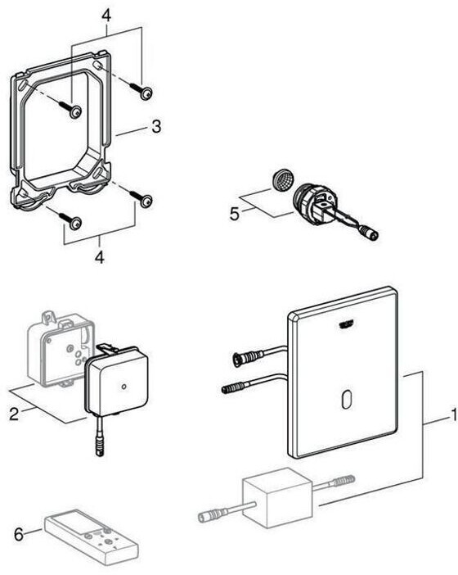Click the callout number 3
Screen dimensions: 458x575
click(x=156, y=126)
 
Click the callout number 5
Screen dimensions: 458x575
click(x=234, y=214)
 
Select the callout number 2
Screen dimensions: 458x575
click(x=14, y=414)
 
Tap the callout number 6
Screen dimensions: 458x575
click(x=18, y=534)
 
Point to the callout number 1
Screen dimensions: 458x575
click(x=454, y=414)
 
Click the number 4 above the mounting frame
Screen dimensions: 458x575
click(x=106, y=16)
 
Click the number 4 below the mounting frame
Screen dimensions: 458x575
click(x=99, y=256)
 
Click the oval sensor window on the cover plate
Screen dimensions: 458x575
click(x=347, y=400)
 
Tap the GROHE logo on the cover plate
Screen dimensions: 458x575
click(x=346, y=324)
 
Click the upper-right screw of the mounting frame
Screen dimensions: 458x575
click(x=141, y=90)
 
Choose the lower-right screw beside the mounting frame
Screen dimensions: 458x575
click(x=141, y=198)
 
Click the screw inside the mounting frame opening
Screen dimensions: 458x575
click(x=70, y=109)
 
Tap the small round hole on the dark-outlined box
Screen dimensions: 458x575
click(x=123, y=387)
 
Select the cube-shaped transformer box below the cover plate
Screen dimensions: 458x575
click(x=277, y=498)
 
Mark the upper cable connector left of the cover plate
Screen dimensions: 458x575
click(x=248, y=356)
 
